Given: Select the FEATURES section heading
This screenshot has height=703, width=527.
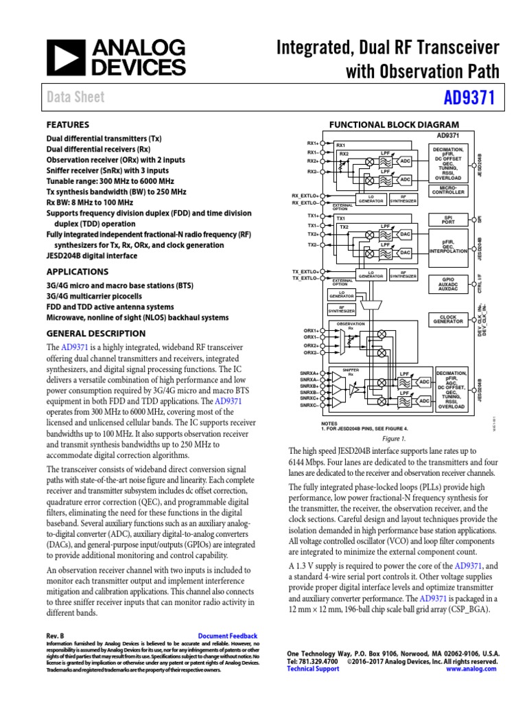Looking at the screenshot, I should pos(67,125).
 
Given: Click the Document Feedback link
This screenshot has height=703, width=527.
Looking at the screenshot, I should pos(227,636).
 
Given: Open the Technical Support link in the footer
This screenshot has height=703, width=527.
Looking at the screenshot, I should pos(313,669).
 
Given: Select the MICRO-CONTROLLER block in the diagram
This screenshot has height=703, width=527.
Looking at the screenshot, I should pos(447,189).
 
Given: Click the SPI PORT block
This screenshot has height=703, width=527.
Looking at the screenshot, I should pos(447,220).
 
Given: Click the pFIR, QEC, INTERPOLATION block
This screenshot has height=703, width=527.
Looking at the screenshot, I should pos(447,248).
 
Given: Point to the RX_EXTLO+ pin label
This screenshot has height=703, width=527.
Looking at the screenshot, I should pos(306,196).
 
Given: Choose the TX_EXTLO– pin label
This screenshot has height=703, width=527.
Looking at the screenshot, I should pos(306,278).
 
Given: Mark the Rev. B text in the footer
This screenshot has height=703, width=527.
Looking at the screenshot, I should pos(55,636).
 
